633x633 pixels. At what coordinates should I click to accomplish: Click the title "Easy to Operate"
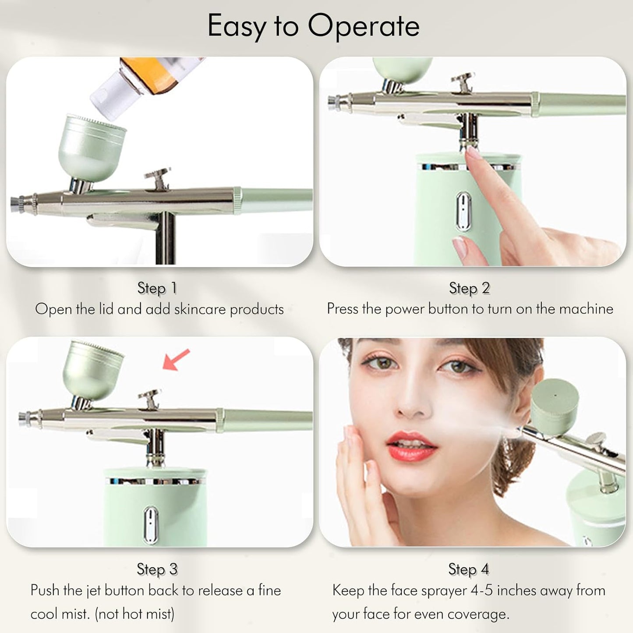(313, 26)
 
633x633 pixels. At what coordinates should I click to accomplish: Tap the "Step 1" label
(157, 288)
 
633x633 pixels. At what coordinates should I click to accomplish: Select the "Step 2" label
(469, 288)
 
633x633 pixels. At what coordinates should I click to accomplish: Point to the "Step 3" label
(157, 569)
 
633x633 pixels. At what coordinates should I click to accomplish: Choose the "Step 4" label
(468, 569)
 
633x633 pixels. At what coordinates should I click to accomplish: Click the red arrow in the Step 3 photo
(176, 359)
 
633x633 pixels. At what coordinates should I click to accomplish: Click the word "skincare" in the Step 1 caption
(200, 309)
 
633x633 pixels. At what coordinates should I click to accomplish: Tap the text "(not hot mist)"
(134, 614)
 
